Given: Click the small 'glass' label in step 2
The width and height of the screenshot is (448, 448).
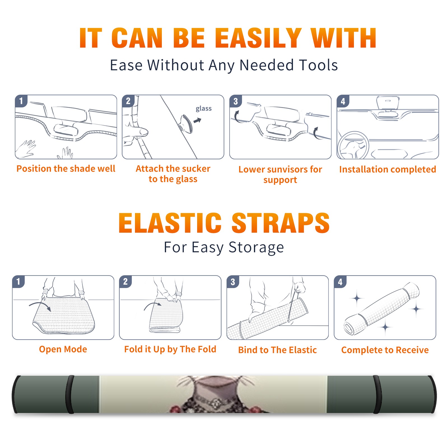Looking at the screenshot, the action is click(x=204, y=109).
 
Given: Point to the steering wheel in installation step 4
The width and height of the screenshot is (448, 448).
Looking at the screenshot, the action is click(x=353, y=146).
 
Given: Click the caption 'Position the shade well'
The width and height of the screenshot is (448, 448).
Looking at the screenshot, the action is click(x=66, y=169).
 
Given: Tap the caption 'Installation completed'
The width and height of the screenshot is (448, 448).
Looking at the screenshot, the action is click(x=388, y=169).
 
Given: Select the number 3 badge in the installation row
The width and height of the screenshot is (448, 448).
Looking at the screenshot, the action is click(x=235, y=101).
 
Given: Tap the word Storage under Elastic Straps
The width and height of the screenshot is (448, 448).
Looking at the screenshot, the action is click(x=256, y=248).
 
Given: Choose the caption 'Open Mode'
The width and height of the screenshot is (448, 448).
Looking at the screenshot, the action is click(x=63, y=349).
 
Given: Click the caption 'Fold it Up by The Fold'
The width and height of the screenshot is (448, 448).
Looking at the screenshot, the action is click(x=170, y=349).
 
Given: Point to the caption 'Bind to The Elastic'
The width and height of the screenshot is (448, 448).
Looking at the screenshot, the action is click(x=277, y=350).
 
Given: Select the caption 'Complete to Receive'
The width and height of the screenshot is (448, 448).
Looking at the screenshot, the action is click(x=385, y=350).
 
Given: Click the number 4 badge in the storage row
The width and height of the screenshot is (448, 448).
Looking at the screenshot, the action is click(x=340, y=282).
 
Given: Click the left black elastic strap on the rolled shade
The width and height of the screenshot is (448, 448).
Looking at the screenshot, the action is click(x=70, y=394).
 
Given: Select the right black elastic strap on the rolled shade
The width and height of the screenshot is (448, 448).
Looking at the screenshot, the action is click(x=377, y=394).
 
